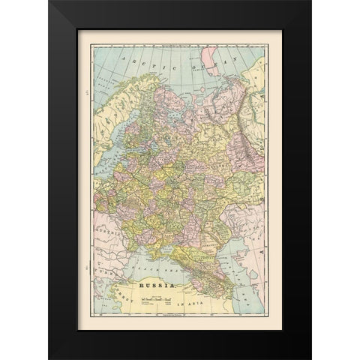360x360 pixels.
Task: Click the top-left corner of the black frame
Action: tap(49, 2)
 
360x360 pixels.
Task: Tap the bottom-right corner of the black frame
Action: tap(310, 358)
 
